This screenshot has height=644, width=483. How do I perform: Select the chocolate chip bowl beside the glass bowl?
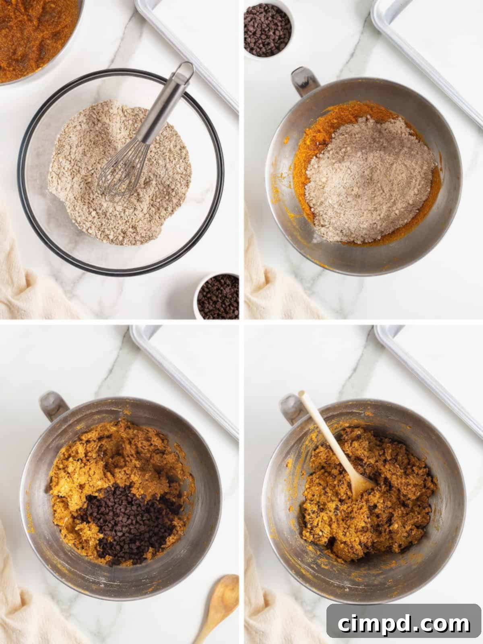point(218,296)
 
